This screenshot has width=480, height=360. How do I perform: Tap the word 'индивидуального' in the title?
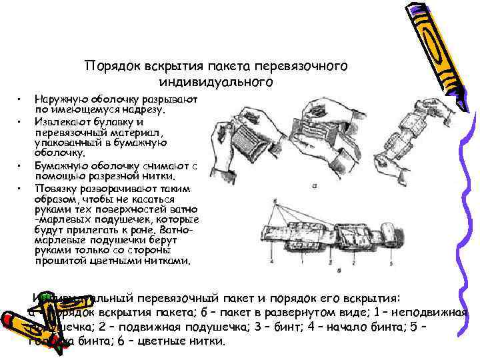[x=216, y=82]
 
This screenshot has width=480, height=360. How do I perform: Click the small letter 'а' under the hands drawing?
[x=313, y=187]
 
